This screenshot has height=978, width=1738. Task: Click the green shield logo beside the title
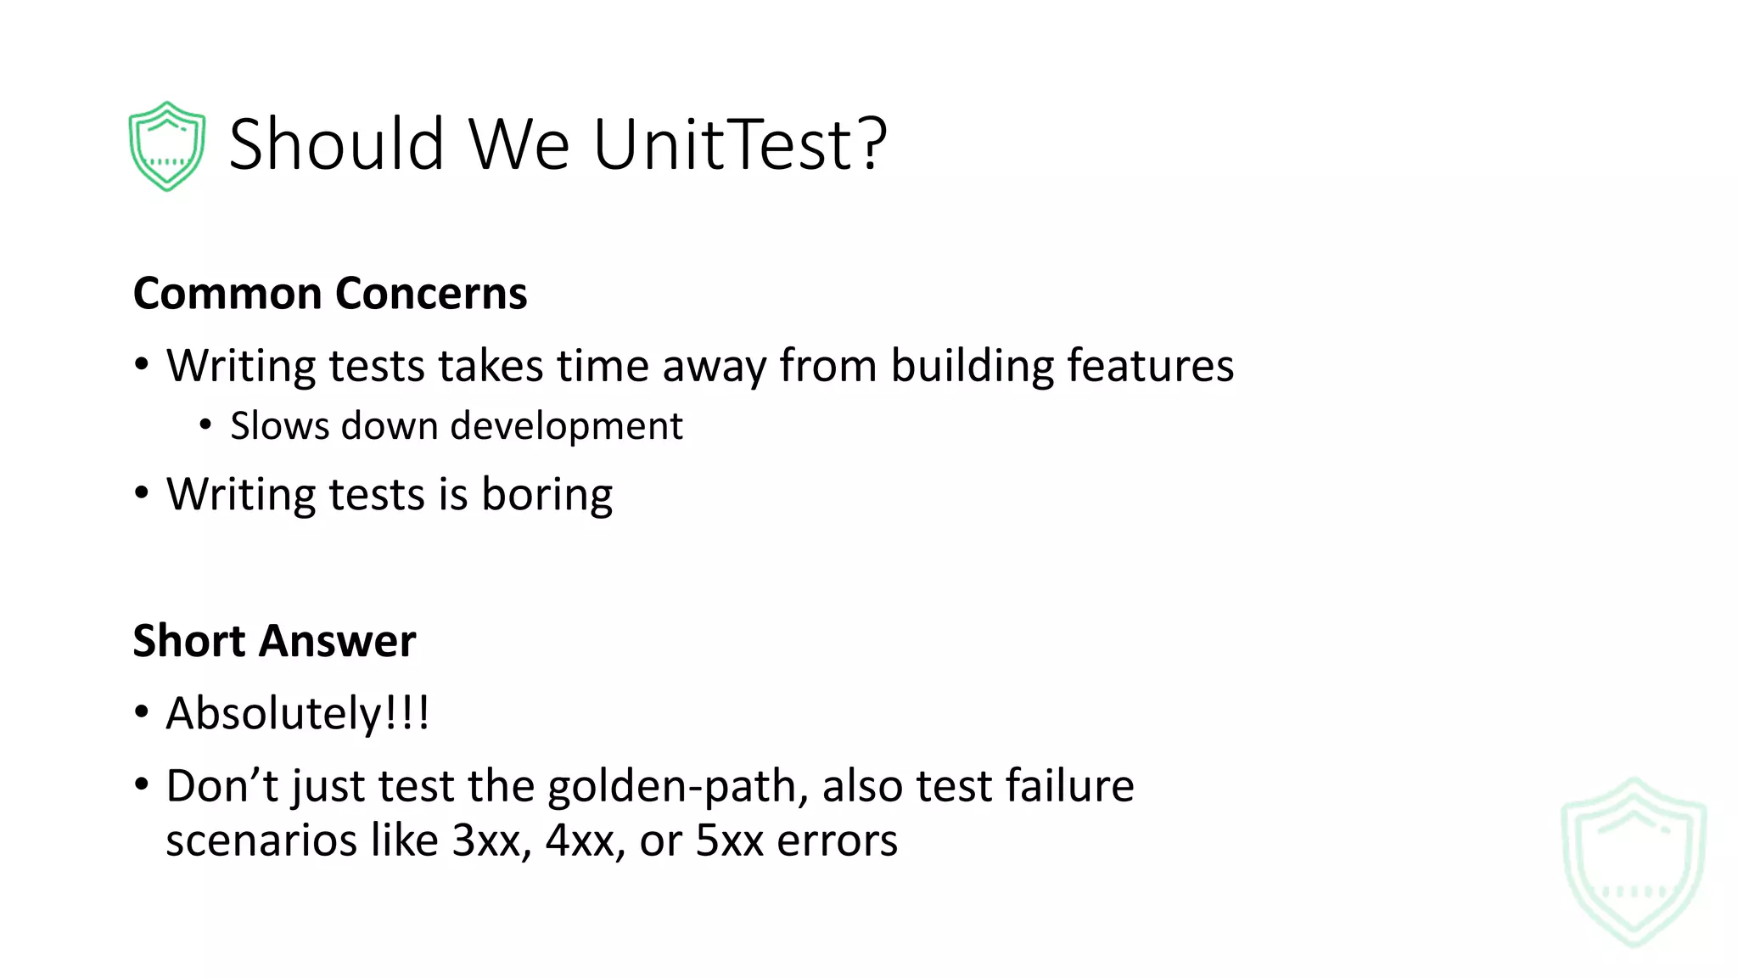(166, 146)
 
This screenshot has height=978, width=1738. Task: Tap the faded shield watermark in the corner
(1634, 862)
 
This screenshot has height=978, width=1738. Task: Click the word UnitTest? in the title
(739, 144)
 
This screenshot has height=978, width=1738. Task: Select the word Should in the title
(336, 144)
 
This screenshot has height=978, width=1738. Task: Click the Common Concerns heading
(330, 294)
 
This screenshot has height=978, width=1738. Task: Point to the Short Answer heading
(274, 641)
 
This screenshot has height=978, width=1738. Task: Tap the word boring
(547, 495)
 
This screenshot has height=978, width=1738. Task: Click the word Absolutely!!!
(298, 713)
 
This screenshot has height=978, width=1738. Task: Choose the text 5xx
(729, 840)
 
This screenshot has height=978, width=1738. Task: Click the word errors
(837, 840)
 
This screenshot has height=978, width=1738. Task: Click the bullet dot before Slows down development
(205, 424)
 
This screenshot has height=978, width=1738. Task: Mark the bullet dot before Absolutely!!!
(142, 712)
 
